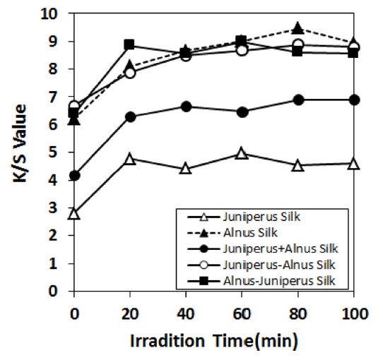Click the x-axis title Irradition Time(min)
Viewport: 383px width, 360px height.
(x=213, y=340)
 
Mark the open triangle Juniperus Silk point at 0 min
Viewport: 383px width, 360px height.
(x=73, y=213)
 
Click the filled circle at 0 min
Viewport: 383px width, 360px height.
(x=73, y=175)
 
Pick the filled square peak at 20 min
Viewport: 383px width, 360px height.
(x=129, y=45)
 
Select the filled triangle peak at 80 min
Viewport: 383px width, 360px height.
(x=297, y=29)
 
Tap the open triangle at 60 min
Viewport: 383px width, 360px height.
(x=242, y=153)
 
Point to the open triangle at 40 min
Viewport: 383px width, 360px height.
(x=186, y=169)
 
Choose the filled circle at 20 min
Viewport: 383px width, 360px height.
(x=129, y=116)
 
